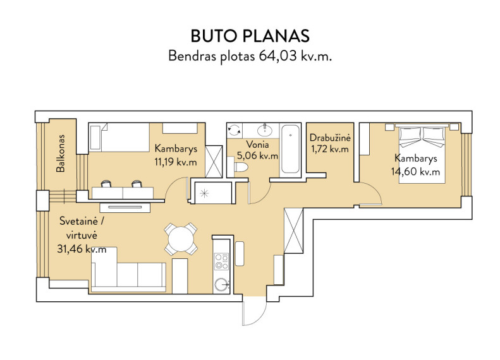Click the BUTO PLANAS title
[250, 36]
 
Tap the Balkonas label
[60, 153]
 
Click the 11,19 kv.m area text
[175, 162]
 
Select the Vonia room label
[257, 145]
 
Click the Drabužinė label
[330, 138]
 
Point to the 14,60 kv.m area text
[415, 172]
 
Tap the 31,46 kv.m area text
[82, 249]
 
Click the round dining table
[181, 239]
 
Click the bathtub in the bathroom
[290, 150]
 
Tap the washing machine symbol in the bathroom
[235, 130]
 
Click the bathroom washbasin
[265, 130]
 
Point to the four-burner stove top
[221, 261]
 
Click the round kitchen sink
[221, 284]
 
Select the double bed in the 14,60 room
[422, 153]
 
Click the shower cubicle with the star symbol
[212, 193]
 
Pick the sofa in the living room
[128, 270]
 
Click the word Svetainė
[78, 221]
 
